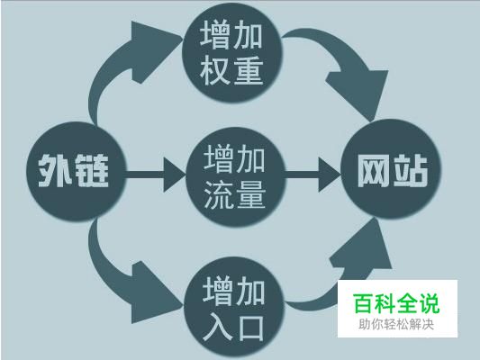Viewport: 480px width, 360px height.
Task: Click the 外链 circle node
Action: [x=77, y=171]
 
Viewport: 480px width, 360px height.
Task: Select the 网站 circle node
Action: [x=391, y=169]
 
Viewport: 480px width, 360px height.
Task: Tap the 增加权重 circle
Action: [x=231, y=52]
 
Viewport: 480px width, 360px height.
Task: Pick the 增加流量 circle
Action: [x=236, y=177]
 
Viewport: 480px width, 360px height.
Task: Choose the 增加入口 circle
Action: [x=234, y=309]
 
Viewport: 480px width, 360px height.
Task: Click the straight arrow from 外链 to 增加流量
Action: [x=156, y=175]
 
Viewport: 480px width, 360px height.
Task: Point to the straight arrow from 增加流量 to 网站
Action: [x=313, y=175]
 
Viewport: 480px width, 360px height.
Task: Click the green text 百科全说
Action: [x=396, y=303]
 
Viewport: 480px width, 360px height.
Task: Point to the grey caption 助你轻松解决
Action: [x=396, y=324]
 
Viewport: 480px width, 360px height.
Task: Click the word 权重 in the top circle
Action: [x=231, y=70]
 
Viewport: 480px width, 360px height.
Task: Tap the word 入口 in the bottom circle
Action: [x=233, y=328]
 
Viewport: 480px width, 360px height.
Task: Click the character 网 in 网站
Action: [x=374, y=170]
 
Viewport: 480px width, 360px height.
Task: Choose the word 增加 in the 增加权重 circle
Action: [x=231, y=35]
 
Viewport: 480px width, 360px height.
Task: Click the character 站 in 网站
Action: [x=410, y=170]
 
